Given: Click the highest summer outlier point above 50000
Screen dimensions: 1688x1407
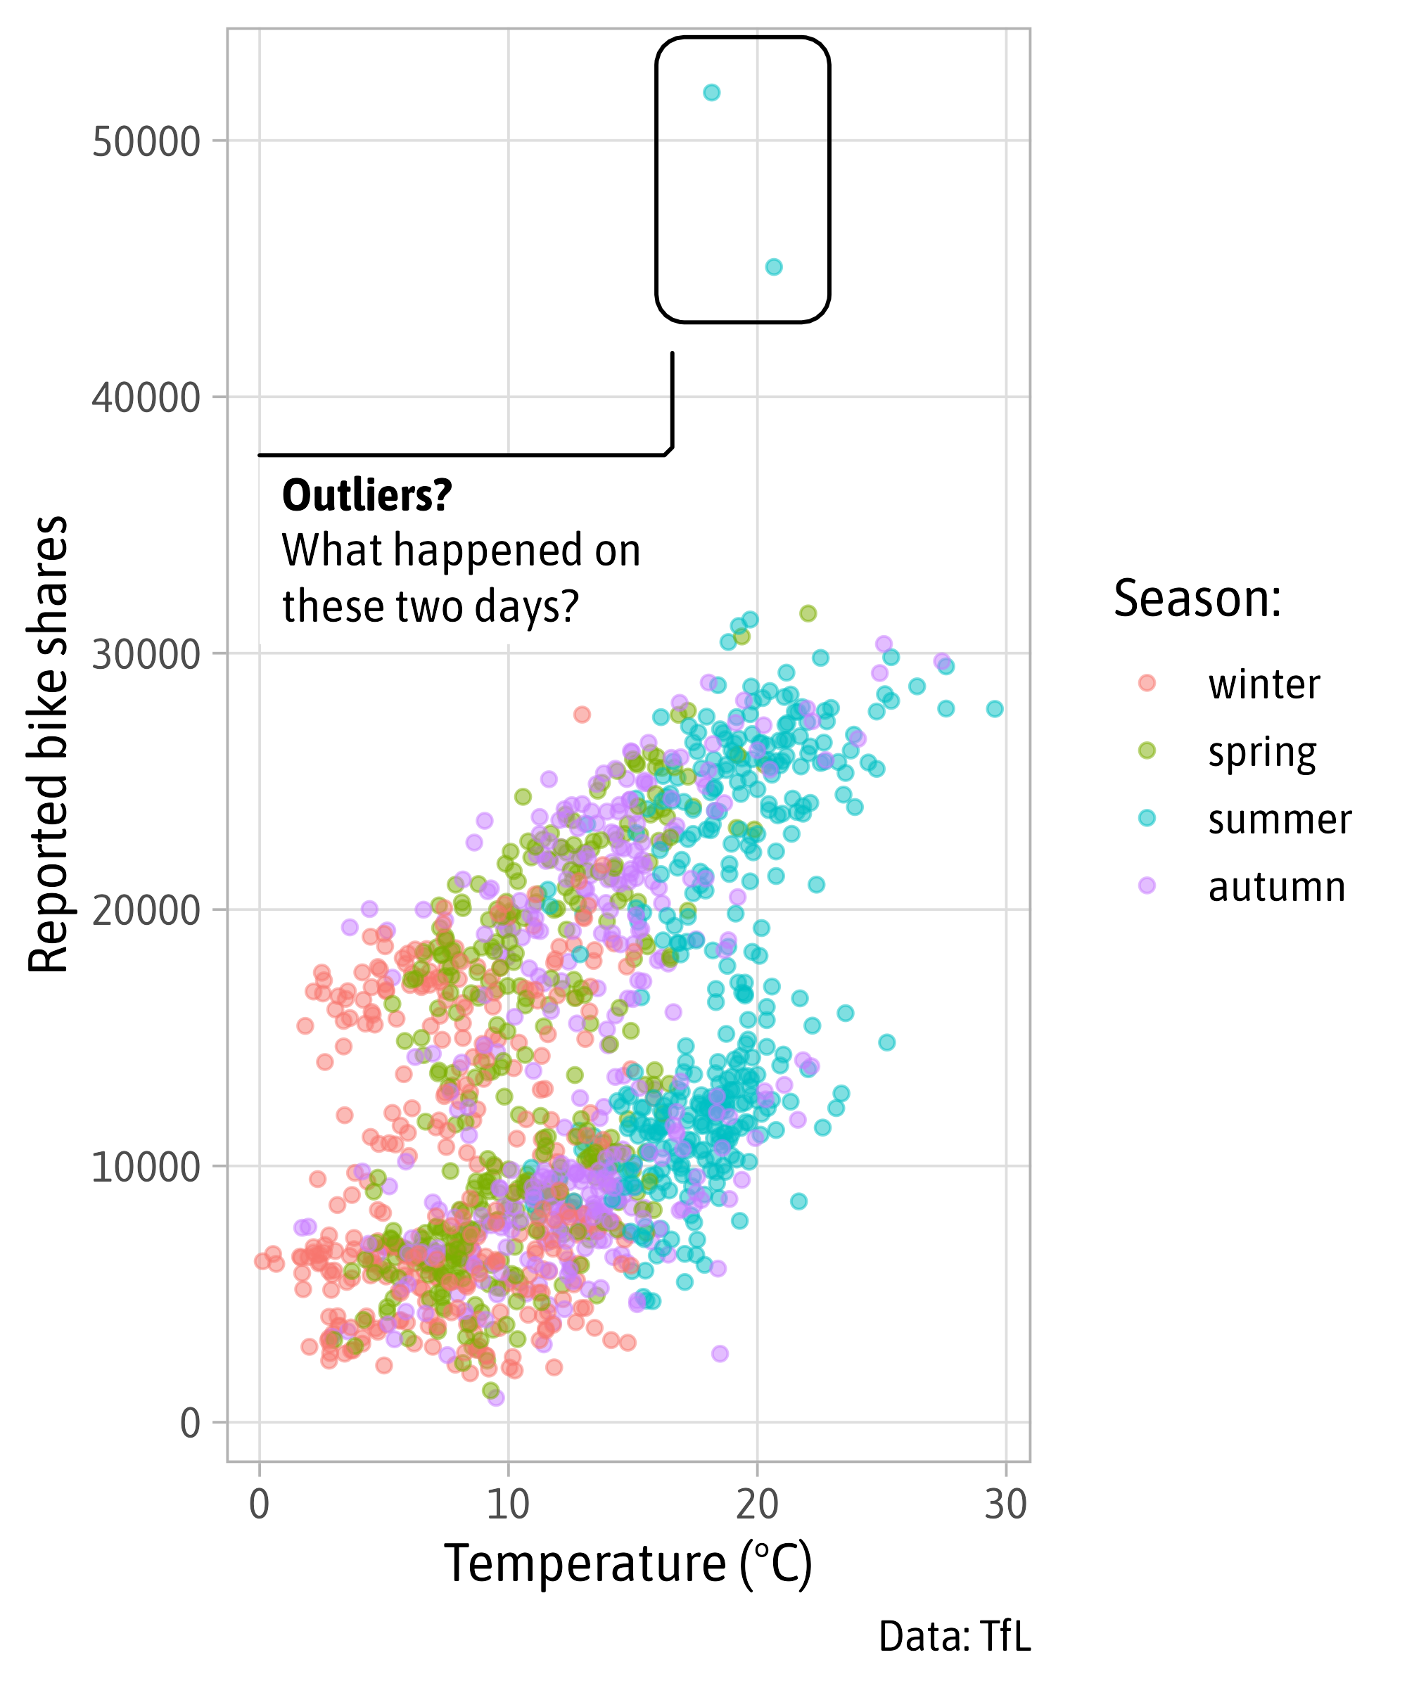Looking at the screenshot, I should (x=711, y=92).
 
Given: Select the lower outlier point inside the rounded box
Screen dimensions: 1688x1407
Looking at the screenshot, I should (x=773, y=267).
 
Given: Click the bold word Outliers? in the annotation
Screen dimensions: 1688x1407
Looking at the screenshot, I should (x=367, y=496).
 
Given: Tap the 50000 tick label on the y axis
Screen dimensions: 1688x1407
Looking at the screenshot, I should (x=146, y=142).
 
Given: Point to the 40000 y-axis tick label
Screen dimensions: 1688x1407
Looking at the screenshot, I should (x=146, y=398).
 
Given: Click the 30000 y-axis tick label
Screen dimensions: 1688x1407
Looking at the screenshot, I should (x=146, y=654).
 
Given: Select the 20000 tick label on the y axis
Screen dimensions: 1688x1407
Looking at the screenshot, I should (x=146, y=911).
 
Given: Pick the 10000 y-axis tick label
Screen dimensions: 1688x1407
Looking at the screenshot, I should (x=146, y=1167).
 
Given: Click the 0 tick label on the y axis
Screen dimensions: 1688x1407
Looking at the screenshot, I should (x=190, y=1424).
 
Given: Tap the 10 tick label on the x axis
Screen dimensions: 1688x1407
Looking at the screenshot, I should (x=508, y=1504).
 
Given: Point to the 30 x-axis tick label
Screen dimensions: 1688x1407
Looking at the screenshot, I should (x=1006, y=1504).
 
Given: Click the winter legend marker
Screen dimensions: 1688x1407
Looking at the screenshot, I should (x=1147, y=683).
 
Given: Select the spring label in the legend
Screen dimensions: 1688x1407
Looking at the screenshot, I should (x=1261, y=753).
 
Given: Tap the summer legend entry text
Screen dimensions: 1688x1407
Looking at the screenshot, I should (x=1279, y=819).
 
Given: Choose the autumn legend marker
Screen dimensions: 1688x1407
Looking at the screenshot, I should (x=1147, y=885).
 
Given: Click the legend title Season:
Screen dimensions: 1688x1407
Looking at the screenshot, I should (x=1197, y=600).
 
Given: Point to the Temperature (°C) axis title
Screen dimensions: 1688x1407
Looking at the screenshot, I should (x=628, y=1564).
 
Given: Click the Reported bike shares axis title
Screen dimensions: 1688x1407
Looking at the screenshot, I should (x=49, y=744).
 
